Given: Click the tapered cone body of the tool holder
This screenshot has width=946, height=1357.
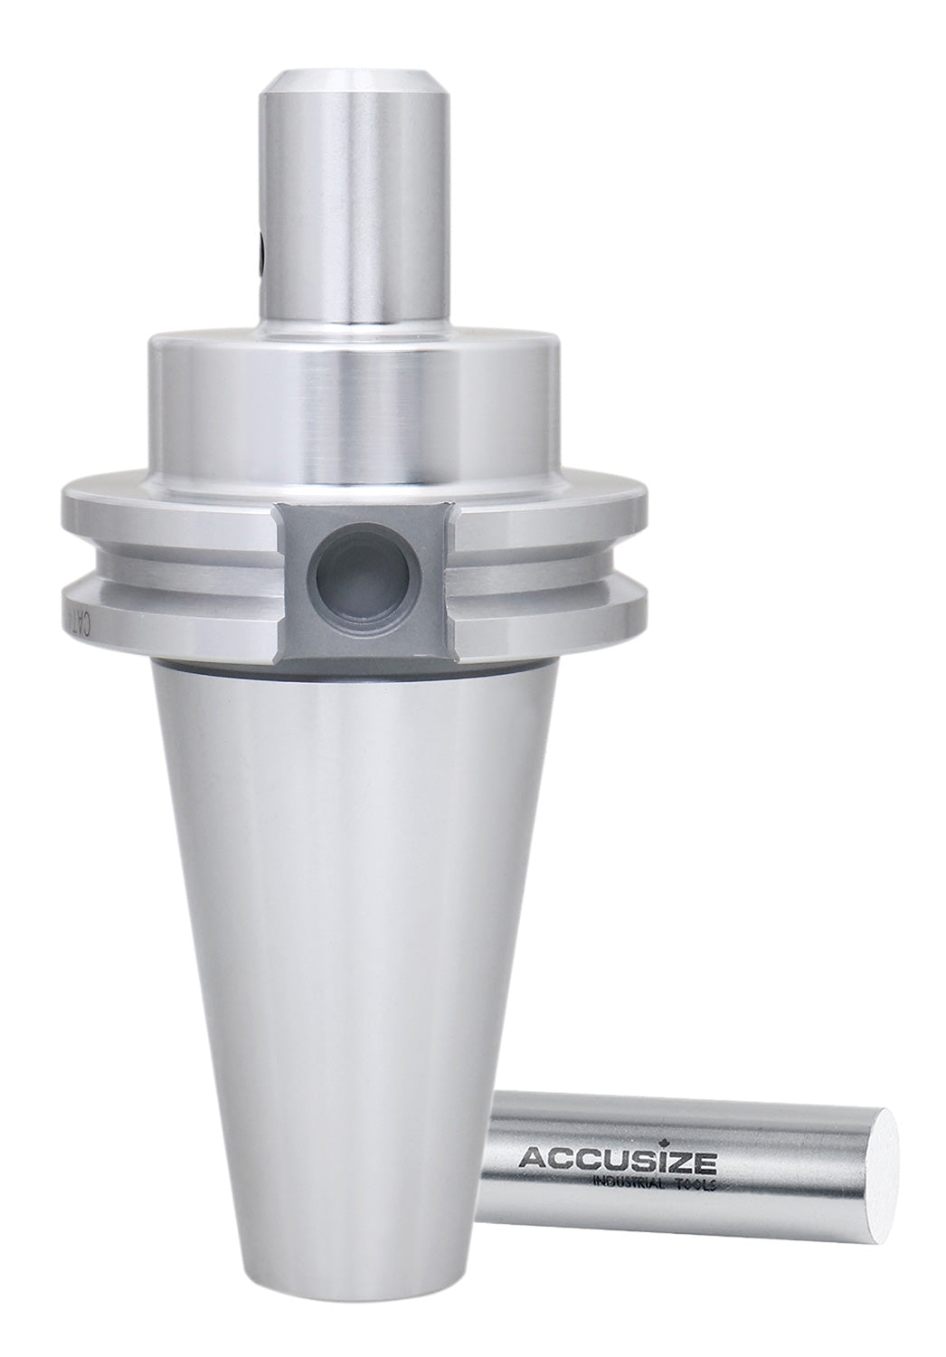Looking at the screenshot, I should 335,950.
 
